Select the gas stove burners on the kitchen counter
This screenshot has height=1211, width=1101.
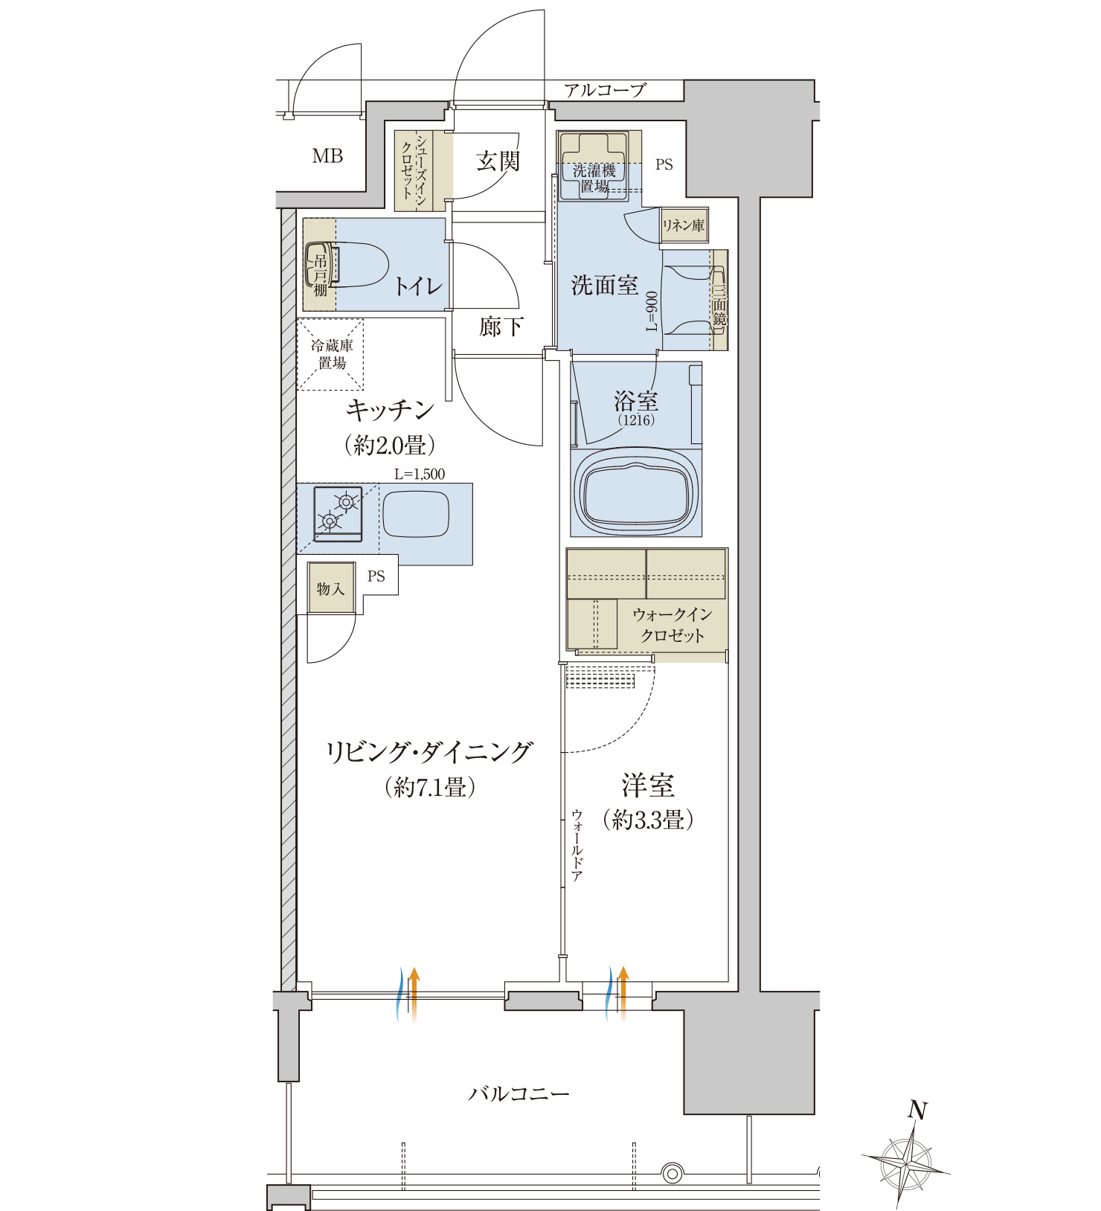338,513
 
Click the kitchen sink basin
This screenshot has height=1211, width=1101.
416,514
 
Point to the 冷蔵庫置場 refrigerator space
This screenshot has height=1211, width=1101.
331,355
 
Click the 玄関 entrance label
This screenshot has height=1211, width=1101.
498,161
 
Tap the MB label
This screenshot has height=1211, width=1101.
327,156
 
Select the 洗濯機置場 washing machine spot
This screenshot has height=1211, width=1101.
594,167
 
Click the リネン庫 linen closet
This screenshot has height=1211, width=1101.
684,225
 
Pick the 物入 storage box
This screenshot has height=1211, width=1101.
331,588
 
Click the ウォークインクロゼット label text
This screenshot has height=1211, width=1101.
673,625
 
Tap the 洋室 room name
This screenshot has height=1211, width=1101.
648,786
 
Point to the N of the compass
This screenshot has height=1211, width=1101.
918,1111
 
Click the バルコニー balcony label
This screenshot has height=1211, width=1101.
519,1094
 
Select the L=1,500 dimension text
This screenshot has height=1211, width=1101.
420,474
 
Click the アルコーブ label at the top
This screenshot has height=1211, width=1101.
605,91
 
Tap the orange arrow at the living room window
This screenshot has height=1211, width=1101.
414,994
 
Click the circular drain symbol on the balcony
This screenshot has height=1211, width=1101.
673,1174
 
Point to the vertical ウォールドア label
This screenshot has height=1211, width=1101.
577,846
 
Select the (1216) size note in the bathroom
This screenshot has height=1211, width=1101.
636,420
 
